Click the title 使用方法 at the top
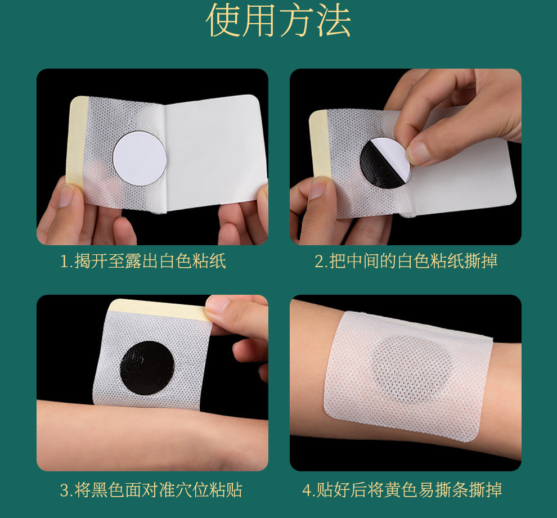tap(278, 20)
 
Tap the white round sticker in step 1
tap(140, 159)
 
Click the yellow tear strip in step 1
tap(76, 141)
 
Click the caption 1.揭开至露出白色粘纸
tap(143, 262)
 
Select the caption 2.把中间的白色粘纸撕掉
tap(406, 262)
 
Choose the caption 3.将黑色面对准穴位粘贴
tap(151, 490)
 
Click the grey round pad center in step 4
tap(412, 370)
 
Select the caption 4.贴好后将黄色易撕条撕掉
tap(402, 490)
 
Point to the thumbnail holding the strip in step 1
tap(66, 196)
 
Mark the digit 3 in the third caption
tap(64, 490)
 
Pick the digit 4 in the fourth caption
tap(307, 490)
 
